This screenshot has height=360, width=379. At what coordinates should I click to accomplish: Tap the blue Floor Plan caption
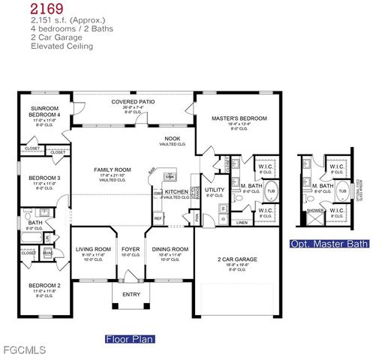pos(129,339)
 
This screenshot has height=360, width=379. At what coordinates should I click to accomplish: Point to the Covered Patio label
pos(132,102)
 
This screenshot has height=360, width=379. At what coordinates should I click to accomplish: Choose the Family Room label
pos(113,170)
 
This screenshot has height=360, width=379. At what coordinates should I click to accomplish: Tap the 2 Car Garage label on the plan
pos(236,259)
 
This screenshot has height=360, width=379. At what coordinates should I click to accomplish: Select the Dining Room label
pos(170,249)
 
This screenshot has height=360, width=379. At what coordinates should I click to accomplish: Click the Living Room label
pos(94,249)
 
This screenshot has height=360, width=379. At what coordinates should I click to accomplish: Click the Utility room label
pos(215,190)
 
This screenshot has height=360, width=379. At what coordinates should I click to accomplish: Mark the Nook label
pos(173,139)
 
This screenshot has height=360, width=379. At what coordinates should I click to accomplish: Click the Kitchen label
pos(177,192)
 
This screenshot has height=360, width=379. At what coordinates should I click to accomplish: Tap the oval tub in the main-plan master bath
pos(272,190)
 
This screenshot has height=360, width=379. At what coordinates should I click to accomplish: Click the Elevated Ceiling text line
pos(62,46)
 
